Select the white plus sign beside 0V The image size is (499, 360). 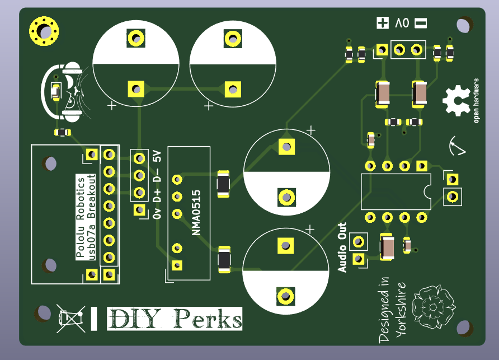click(383, 23)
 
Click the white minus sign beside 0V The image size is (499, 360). click(421, 23)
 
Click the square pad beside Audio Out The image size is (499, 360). click(359, 259)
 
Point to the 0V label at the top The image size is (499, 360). click(402, 23)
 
